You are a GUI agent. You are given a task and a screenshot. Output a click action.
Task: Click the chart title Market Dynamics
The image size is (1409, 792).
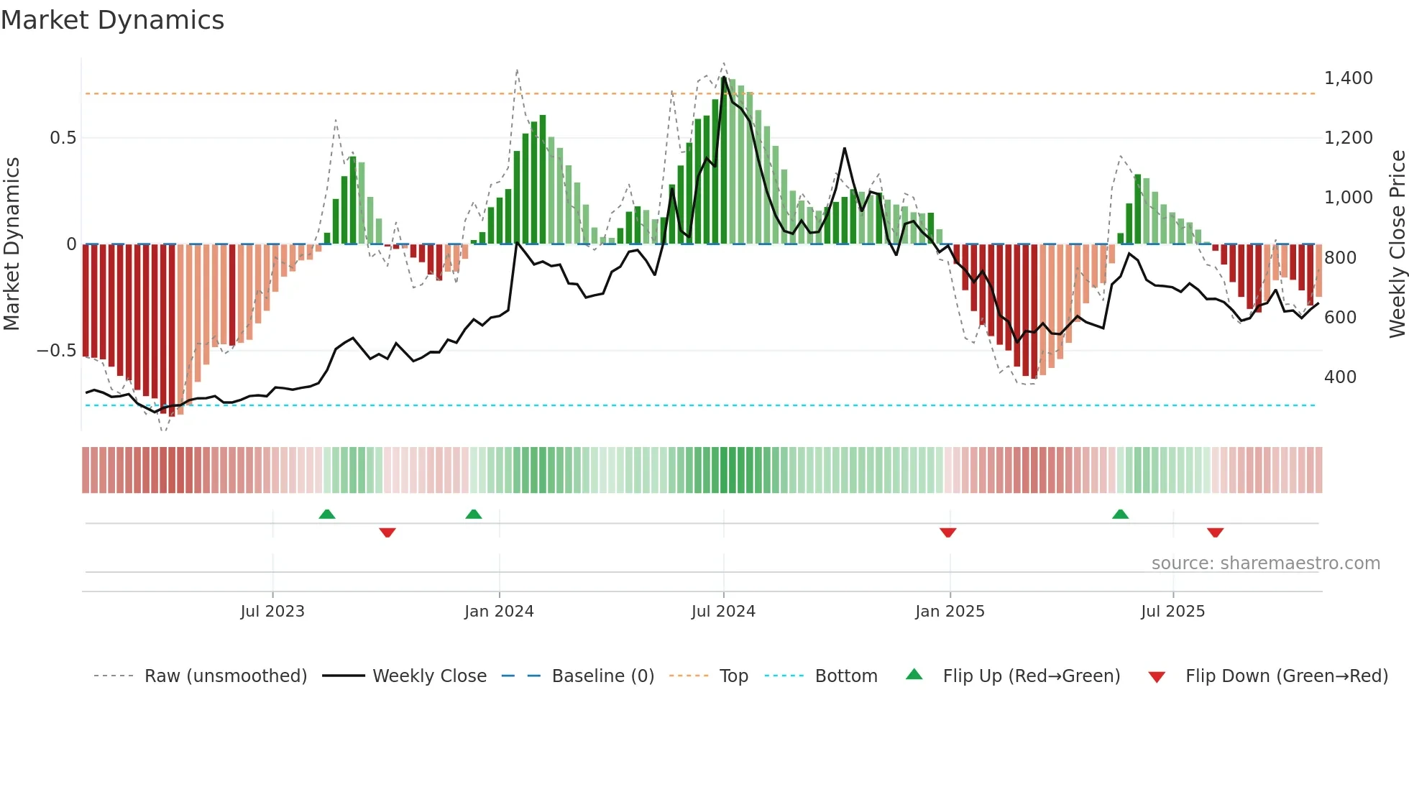tap(113, 20)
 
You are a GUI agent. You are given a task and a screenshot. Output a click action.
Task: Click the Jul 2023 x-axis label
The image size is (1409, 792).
tap(272, 612)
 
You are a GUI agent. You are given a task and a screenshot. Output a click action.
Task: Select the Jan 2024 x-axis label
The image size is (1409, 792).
tap(499, 612)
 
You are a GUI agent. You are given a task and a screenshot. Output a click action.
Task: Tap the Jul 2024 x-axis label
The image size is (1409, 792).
tap(723, 612)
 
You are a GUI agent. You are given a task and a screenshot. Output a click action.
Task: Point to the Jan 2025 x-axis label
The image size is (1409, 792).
tap(950, 612)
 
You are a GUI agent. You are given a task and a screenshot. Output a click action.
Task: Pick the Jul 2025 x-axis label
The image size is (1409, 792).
tap(1172, 612)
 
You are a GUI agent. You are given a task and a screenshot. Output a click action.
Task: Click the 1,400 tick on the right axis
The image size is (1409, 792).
tap(1348, 78)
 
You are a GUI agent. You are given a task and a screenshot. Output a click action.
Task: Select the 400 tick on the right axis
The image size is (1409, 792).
tap(1340, 377)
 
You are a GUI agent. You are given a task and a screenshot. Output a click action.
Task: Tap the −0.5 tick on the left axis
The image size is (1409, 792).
tap(57, 351)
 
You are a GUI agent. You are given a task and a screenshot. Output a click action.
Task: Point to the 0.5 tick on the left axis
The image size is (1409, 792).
tap(63, 138)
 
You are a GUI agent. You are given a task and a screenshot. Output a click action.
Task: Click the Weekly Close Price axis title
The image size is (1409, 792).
tap(1397, 244)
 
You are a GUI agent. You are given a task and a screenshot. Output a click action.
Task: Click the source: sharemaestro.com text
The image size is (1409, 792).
tap(1265, 563)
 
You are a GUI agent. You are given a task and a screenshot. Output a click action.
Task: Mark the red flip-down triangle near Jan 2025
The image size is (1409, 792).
tap(947, 533)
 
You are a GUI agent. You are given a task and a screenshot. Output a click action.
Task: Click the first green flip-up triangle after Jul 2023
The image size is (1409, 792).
tap(327, 514)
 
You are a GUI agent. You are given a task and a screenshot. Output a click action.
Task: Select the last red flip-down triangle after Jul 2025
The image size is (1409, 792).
tap(1215, 533)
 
